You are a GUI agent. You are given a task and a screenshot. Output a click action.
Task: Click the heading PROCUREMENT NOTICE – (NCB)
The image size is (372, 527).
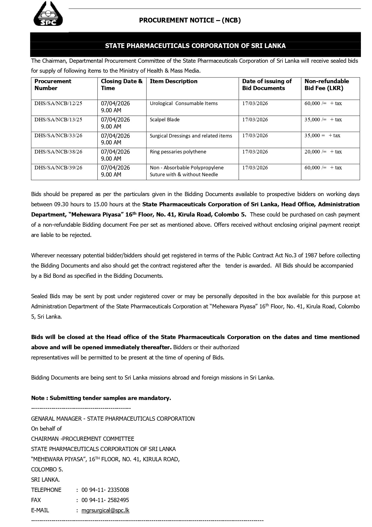pos(190,20)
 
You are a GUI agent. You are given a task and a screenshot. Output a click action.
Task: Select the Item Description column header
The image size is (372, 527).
pos(174,81)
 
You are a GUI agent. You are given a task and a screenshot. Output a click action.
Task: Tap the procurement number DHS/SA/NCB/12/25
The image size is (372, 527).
pos(58,103)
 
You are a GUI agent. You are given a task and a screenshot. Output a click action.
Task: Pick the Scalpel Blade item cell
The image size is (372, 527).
pos(165,120)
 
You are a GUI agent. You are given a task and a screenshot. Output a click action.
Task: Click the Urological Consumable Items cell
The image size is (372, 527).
pos(183,103)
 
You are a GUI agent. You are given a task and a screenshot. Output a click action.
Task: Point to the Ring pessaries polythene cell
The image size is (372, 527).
pos(178,152)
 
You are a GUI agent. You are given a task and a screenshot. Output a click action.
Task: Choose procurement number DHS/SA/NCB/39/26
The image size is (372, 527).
pos(58,168)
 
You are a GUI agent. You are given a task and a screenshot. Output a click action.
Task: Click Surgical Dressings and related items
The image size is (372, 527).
pos(191,136)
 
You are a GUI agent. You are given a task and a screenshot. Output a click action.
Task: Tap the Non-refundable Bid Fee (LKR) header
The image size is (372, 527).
pos(326,85)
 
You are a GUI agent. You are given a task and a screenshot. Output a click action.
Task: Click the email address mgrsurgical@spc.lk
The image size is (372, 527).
pos(105,510)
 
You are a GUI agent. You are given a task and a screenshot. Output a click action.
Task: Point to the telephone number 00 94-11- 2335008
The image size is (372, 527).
pos(105,490)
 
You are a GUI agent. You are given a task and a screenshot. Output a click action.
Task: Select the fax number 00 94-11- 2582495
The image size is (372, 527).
pos(105,500)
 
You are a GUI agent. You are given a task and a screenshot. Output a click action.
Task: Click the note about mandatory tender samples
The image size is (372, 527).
pos(101,398)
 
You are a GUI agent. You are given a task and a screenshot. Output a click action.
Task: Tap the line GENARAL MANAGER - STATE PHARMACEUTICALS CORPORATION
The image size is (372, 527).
pos(113,419)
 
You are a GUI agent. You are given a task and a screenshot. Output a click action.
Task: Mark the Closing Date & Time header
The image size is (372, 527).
pos(121,85)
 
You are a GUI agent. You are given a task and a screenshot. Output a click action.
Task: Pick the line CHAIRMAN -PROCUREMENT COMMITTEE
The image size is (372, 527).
pos(82,439)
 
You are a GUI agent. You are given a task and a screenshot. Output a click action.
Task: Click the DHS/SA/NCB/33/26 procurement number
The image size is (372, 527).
pos(58,135)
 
